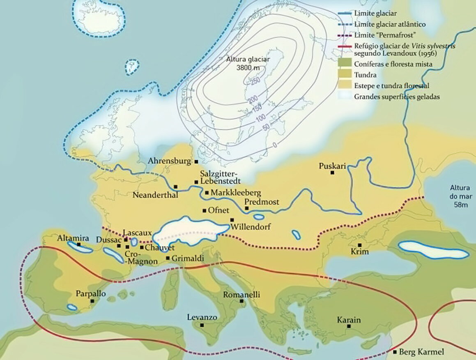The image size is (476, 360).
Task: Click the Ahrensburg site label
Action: coord(170,162)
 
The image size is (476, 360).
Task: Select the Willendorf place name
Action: coord(251,226)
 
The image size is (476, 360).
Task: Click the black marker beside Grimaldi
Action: coord(168,258)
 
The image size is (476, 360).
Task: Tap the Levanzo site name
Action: coord(202,317)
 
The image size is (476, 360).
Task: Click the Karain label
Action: coord(349,320)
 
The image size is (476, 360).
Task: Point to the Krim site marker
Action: coord(360,245)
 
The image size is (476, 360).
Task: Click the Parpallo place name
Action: coord(91,294)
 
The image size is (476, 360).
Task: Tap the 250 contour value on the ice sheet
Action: coord(255,81)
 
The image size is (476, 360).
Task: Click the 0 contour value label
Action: coord(275,145)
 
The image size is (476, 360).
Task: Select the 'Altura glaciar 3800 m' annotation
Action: coord(248,63)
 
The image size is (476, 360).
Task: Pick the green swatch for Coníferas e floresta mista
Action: coord(345,64)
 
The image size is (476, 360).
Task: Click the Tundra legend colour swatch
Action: coord(345,75)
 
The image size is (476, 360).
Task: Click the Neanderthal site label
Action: coord(155,195)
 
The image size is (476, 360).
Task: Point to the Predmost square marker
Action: coord(246,208)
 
